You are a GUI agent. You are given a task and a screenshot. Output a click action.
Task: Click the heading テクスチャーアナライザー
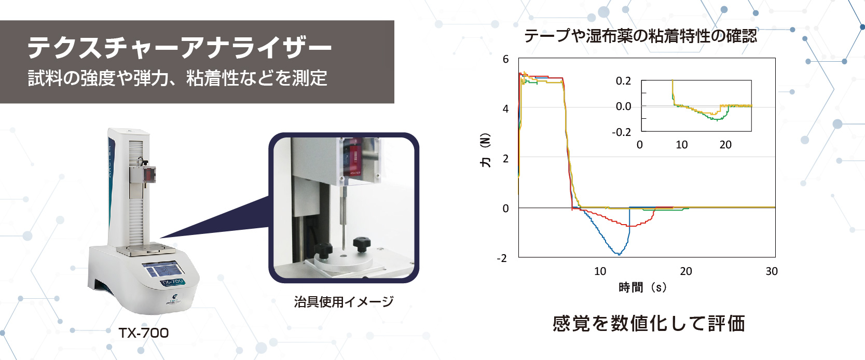pos(179,48)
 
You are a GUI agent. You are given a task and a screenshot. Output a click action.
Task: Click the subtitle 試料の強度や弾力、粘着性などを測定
pos(177,78)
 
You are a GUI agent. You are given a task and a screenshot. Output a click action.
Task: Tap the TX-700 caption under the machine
pos(144,333)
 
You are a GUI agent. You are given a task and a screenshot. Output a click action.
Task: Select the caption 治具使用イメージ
pos(344,302)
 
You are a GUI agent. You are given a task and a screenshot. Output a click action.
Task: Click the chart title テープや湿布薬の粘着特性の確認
pos(640,36)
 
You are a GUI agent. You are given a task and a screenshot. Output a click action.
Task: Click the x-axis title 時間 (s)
pos(642,287)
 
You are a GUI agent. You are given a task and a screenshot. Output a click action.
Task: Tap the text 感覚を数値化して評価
pos(649,324)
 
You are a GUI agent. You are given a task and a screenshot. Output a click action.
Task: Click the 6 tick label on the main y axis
pos(505,59)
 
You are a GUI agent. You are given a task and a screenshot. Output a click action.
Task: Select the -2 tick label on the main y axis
pos(502,258)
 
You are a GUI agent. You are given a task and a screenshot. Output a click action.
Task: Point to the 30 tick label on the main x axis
pos(772,271)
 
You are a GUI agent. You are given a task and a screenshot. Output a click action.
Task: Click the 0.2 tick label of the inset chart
pos(623,81)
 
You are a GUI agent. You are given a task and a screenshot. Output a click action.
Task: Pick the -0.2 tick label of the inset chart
pos(621,132)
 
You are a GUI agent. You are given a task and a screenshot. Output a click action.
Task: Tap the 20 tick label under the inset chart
pos(725,145)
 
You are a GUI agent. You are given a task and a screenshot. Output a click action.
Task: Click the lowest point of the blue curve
pos(619,254)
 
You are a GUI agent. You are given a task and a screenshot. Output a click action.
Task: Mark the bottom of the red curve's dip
pos(629,226)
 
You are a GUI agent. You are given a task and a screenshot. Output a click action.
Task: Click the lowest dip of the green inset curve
pos(717,120)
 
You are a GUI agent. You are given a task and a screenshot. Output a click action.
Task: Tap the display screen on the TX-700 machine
pos(163,270)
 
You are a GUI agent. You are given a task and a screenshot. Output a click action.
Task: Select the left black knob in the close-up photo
pos(323,250)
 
